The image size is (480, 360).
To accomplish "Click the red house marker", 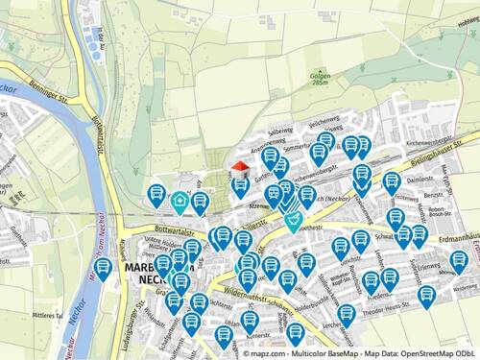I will click(239, 168).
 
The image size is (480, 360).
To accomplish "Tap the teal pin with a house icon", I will click(180, 201).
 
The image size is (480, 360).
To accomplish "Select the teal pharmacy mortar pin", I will click(293, 222).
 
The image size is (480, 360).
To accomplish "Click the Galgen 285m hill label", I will click(294, 78).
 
